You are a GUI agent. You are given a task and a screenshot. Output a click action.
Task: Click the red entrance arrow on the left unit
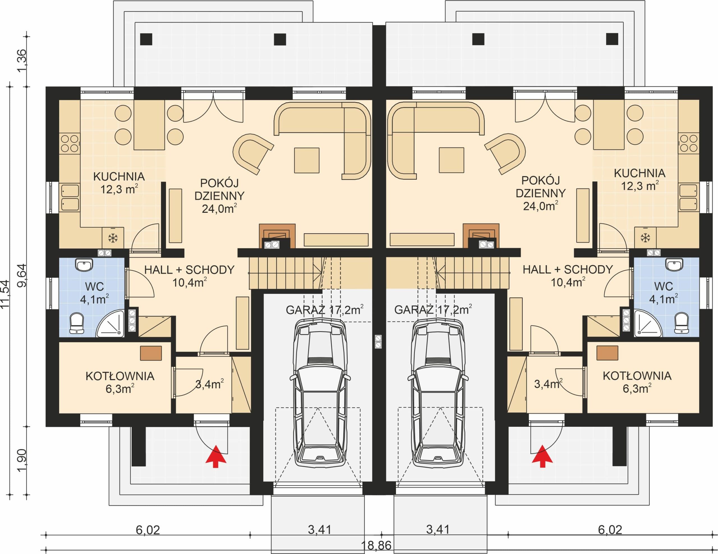coord(216,456)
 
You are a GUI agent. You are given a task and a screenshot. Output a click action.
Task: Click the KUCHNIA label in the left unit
coord(119,177)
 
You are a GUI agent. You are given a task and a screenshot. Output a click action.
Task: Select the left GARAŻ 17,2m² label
coord(325,310)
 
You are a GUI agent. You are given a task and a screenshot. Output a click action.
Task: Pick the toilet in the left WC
coord(77,323)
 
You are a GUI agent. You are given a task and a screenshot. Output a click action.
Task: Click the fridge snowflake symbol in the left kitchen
coord(113,238)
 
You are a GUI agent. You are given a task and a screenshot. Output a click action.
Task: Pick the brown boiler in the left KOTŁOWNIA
coord(151,353)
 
